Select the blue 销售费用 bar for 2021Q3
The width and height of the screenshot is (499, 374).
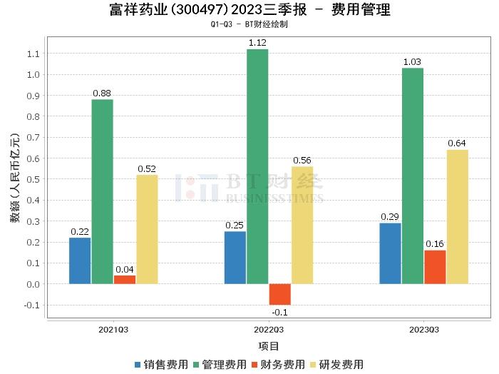pos(80,261)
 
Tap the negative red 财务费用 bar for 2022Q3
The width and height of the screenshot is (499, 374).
pos(280,294)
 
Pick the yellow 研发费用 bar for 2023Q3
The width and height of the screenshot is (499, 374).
pos(457,217)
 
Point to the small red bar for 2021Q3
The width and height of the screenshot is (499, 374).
pos(125,280)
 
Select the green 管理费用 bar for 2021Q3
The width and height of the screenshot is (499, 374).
pos(102,191)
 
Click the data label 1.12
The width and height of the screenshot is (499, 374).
pos(257,43)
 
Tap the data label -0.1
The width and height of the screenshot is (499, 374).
pos(279,312)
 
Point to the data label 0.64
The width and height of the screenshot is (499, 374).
pos(457,143)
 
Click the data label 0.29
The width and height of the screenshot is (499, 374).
pos(390,216)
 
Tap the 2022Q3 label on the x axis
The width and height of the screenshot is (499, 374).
pos(269,330)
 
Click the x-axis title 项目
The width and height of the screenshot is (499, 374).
pos(269,346)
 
